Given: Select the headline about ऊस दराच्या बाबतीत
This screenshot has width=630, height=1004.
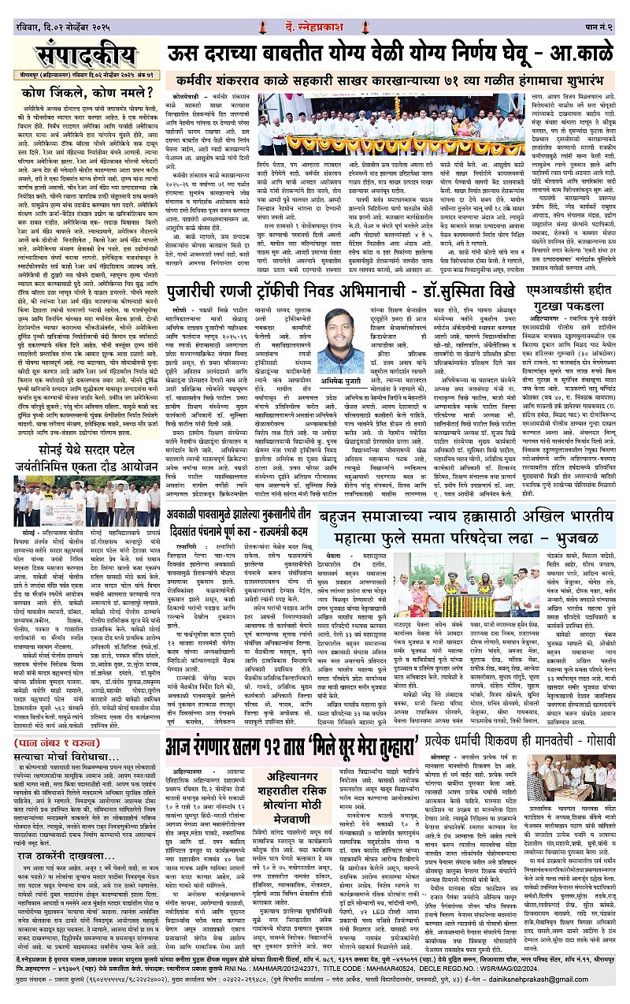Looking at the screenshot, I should [394, 55].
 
